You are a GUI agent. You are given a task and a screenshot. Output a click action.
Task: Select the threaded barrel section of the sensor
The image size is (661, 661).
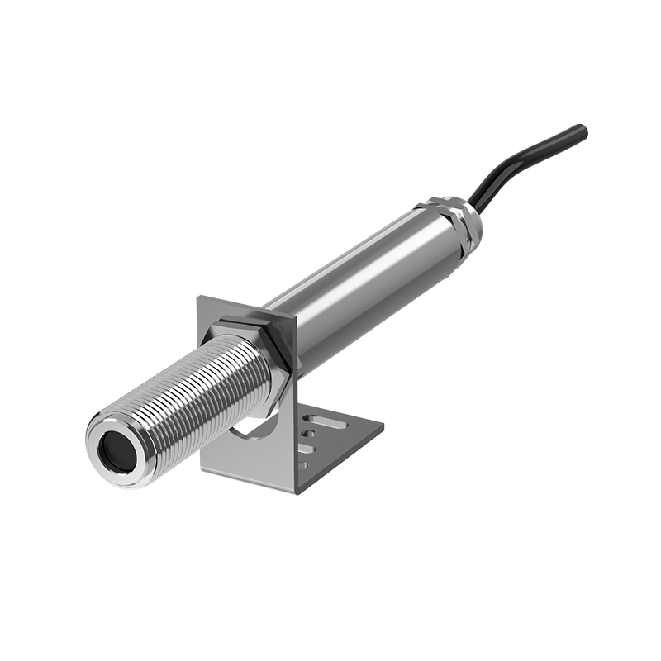(190, 397)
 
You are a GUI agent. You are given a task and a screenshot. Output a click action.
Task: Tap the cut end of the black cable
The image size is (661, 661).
(583, 131)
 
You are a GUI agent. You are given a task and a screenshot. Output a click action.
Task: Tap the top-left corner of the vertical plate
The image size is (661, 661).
(198, 299)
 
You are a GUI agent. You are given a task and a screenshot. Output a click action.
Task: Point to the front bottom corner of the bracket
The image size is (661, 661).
(297, 492)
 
